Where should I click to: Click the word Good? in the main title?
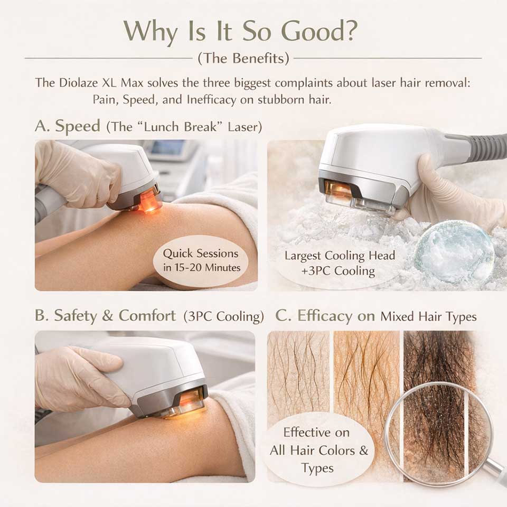(x=320, y=31)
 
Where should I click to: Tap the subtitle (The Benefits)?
(x=243, y=59)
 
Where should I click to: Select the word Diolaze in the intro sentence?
(x=78, y=83)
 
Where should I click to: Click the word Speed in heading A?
(x=78, y=126)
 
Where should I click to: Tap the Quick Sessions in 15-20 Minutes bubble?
(x=201, y=260)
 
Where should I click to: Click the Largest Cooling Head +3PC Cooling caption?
(x=340, y=263)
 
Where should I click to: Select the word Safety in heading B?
(x=76, y=316)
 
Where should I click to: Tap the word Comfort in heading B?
(x=147, y=316)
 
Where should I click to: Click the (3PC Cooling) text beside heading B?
(x=223, y=316)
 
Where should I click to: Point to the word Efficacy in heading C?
(x=325, y=316)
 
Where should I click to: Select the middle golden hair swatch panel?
(x=367, y=388)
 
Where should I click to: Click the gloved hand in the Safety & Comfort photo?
(x=79, y=375)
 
